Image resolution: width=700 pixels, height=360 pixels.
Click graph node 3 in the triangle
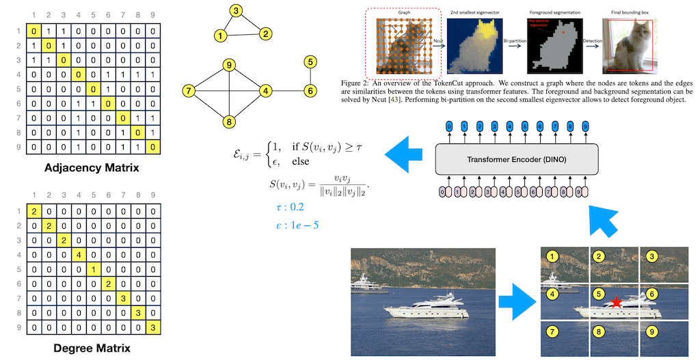click(x=236, y=11)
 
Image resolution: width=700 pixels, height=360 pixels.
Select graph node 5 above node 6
click(x=310, y=63)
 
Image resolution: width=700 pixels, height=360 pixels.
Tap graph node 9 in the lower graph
click(x=230, y=66)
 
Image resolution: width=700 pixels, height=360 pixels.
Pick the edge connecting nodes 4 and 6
click(x=288, y=90)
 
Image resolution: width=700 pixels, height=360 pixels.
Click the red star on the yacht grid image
click(x=617, y=302)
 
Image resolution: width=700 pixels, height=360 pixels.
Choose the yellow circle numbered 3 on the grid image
click(x=652, y=257)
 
